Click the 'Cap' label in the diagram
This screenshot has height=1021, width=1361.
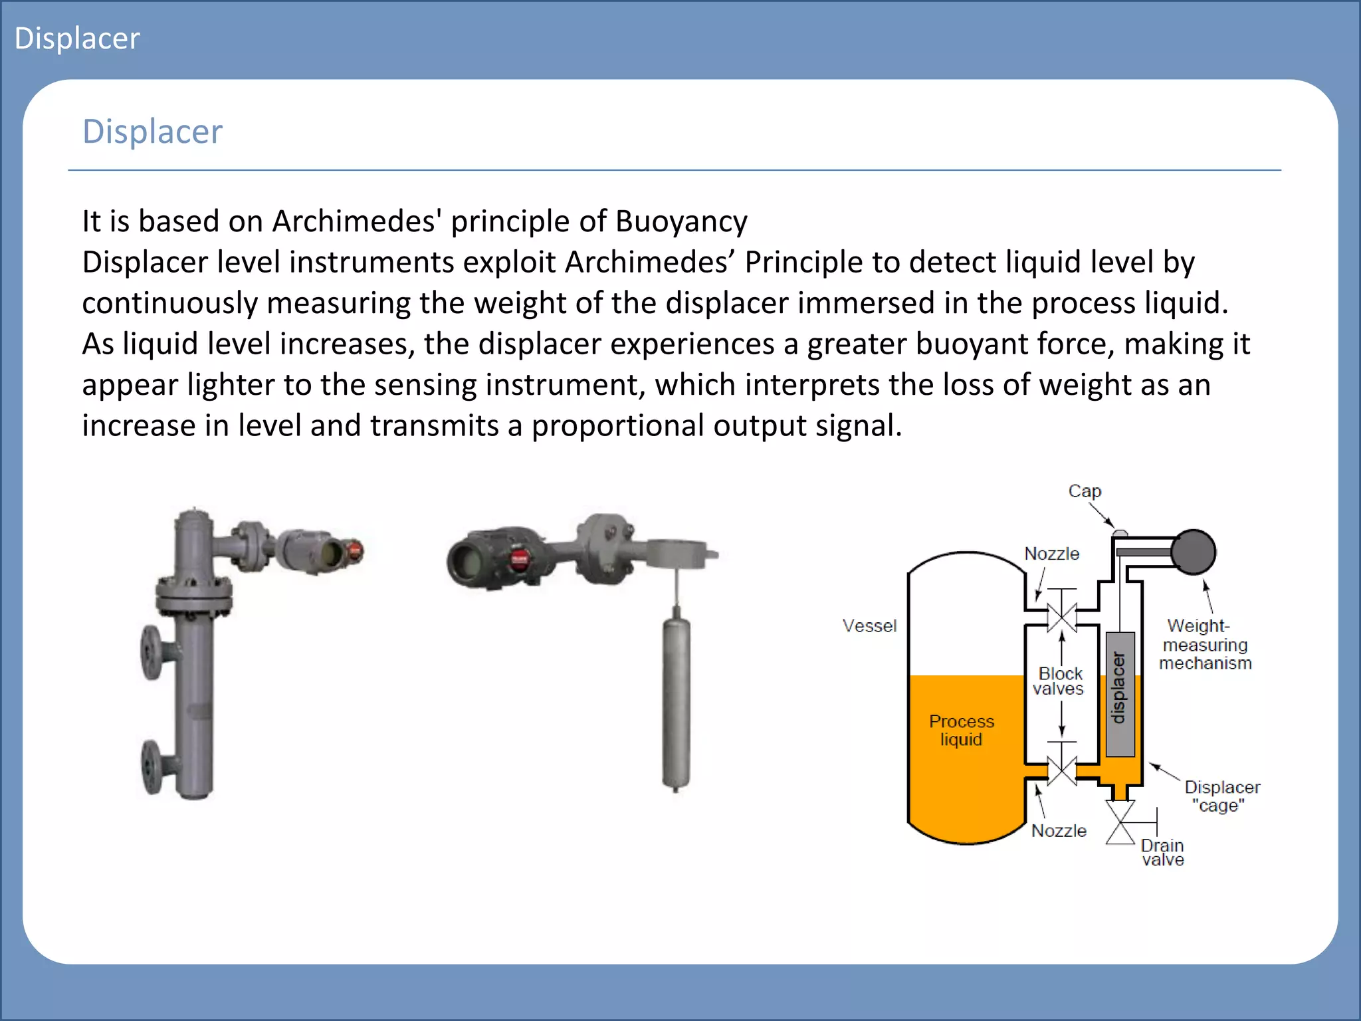point(1085,491)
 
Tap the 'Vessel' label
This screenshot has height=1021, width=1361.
point(869,625)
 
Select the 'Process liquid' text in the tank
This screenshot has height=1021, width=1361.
point(961,730)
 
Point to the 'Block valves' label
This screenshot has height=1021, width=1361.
point(1059,681)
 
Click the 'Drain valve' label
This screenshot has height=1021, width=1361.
point(1162,852)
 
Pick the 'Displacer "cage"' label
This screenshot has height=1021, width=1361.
point(1221,796)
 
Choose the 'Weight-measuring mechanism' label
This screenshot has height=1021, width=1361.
point(1205,644)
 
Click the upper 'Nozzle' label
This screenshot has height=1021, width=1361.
point(1051,554)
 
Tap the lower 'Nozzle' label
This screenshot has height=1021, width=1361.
point(1059,831)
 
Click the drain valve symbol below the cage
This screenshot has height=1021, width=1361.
point(1120,822)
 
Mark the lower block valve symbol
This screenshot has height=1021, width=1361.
point(1062,771)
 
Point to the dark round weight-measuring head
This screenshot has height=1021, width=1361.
point(1194,552)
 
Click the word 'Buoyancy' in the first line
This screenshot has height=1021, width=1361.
point(681,221)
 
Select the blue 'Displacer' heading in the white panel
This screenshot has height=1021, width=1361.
point(152,132)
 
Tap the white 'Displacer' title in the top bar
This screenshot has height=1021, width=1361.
point(77,39)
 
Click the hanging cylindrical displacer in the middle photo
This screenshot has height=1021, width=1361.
point(676,701)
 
